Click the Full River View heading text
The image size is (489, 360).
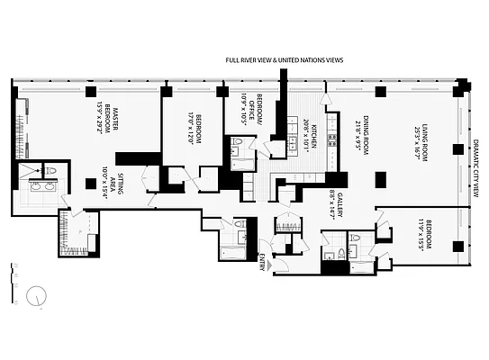click(x=284, y=60)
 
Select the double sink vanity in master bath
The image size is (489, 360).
click(x=41, y=188)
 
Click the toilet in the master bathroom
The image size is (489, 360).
click(x=51, y=169)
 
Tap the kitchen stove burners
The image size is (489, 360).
click(x=331, y=139)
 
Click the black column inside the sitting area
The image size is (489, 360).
click(x=91, y=184)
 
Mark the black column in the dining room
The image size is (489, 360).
click(x=379, y=92)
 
